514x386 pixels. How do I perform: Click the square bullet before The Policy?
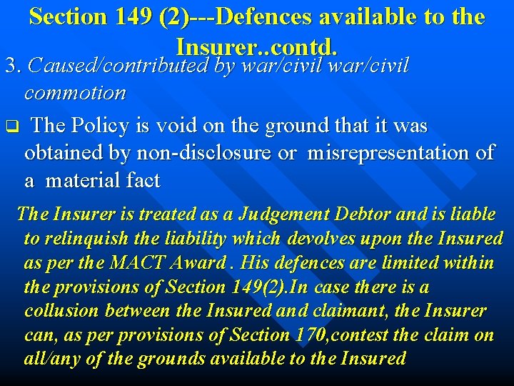point(11,128)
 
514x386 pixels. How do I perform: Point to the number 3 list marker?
point(10,66)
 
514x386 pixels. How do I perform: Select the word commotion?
point(75,93)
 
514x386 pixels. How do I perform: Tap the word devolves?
point(321,238)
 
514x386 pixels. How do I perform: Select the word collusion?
point(62,311)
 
